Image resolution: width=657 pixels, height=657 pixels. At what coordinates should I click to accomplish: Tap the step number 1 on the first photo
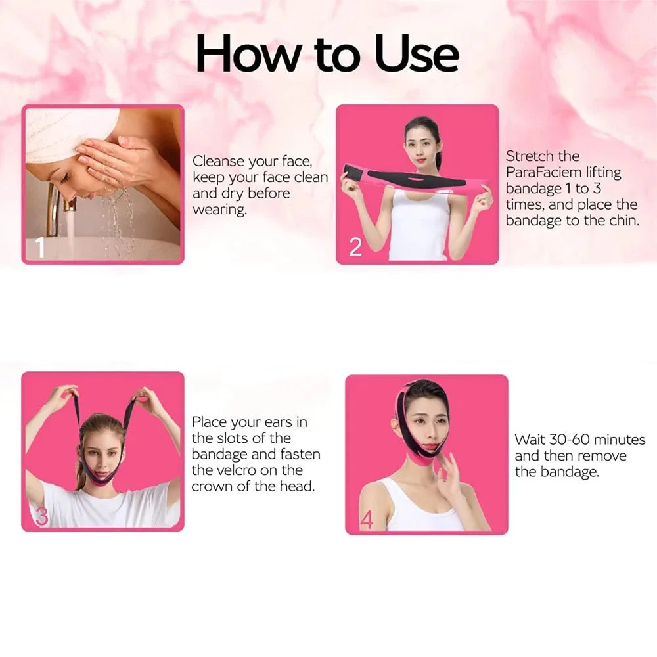(39, 248)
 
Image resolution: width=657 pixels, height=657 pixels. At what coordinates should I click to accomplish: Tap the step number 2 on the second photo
(355, 247)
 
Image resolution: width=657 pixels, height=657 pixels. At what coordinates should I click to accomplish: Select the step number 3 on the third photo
(41, 516)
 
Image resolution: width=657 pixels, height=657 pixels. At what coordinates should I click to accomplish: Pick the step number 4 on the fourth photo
(366, 520)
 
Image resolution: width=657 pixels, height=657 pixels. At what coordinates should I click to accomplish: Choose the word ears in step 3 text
(292, 422)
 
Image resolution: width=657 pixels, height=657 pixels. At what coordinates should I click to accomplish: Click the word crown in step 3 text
(210, 487)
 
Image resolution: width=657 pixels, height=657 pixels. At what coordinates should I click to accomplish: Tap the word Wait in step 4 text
(530, 440)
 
